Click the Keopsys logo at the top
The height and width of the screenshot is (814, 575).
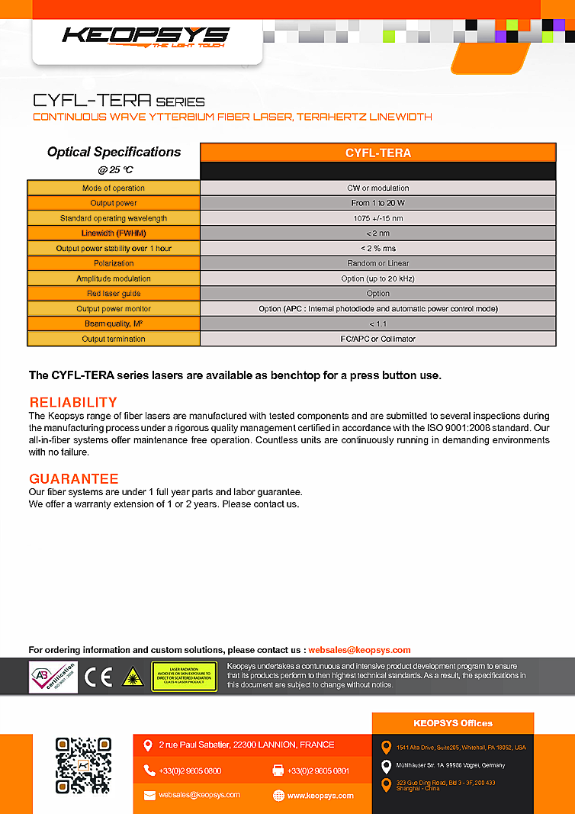pyautogui.click(x=145, y=36)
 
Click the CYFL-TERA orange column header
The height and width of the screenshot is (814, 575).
pyautogui.click(x=377, y=153)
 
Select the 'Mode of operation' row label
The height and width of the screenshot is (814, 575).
pyautogui.click(x=114, y=188)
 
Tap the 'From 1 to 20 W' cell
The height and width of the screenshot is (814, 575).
pyautogui.click(x=377, y=203)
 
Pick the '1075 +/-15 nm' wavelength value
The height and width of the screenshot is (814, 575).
pyautogui.click(x=377, y=218)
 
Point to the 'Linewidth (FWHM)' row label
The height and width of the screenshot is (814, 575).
pyautogui.click(x=114, y=233)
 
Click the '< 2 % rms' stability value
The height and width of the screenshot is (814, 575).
pyautogui.click(x=377, y=249)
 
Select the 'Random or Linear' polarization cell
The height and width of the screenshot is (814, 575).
pyautogui.click(x=377, y=263)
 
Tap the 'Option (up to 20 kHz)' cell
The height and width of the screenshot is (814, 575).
pyautogui.click(x=377, y=278)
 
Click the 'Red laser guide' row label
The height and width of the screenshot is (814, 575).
pyautogui.click(x=114, y=294)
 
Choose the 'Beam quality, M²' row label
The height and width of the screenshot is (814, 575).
pyautogui.click(x=114, y=323)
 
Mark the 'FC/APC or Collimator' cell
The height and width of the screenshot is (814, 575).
pyautogui.click(x=377, y=339)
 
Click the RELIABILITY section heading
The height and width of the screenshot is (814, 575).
pyautogui.click(x=73, y=402)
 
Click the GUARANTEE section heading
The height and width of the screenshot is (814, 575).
pyautogui.click(x=74, y=478)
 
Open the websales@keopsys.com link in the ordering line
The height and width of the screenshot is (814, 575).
pyautogui.click(x=359, y=650)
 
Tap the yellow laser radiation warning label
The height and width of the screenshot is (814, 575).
pyautogui.click(x=184, y=677)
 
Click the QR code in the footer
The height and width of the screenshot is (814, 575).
pyautogui.click(x=83, y=765)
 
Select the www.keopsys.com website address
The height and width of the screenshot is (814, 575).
pyautogui.click(x=320, y=795)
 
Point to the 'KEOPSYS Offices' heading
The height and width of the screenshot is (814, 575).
pyautogui.click(x=453, y=723)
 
